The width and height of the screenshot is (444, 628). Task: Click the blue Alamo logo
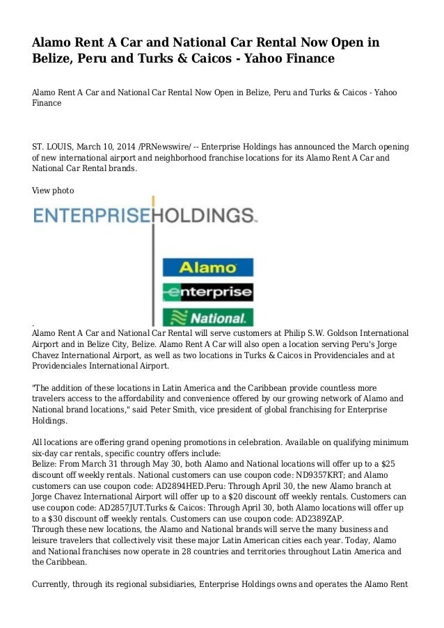pos(207,268)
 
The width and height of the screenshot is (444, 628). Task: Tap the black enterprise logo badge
pos(207,292)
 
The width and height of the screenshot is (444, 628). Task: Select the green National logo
pos(207,318)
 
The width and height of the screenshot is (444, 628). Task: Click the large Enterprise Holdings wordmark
pos(145,215)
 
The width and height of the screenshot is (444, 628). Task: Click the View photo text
pos(53,190)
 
